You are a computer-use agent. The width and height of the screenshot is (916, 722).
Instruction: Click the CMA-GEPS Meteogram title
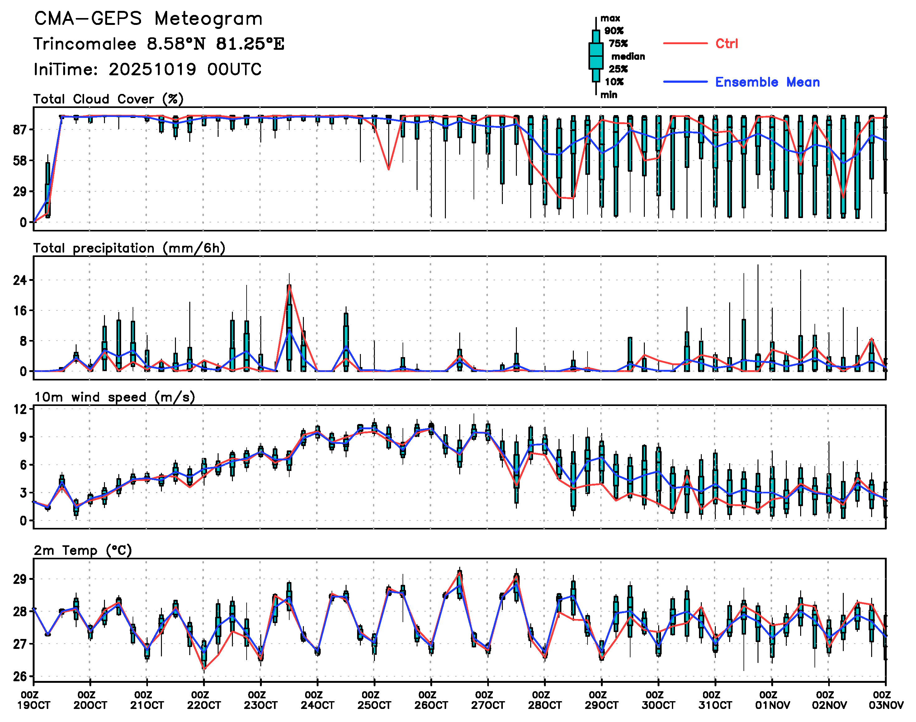point(148,19)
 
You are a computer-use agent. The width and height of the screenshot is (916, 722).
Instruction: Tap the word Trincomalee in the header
point(85,44)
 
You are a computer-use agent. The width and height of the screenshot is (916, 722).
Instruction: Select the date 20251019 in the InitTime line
point(152,69)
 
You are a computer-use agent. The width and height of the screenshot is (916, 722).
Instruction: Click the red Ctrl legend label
point(726,44)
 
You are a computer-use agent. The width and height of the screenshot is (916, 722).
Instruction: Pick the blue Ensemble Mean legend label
point(767,82)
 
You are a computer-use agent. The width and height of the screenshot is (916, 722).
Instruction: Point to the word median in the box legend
point(628,57)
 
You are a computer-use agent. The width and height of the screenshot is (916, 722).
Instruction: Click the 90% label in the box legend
point(613,31)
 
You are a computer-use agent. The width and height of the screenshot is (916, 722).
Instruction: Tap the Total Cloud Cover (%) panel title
point(108,99)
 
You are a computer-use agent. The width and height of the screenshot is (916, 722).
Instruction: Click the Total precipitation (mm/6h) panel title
point(129,248)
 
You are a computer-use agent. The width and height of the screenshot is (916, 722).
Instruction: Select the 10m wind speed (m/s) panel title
point(114,397)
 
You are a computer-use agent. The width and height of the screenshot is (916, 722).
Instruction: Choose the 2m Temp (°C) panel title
point(83,550)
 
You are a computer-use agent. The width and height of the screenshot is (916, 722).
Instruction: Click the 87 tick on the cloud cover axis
point(20,130)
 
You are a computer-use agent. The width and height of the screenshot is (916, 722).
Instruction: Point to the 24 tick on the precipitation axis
point(20,280)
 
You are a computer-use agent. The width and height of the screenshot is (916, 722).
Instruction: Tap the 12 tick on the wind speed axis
point(20,409)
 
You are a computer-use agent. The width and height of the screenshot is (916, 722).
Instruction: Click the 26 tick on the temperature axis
point(20,677)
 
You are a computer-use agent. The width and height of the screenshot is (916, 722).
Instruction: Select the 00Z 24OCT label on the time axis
point(317,700)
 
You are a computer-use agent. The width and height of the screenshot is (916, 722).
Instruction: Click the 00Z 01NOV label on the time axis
point(772,700)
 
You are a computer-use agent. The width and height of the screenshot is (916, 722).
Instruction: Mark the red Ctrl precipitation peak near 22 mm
point(289,286)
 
